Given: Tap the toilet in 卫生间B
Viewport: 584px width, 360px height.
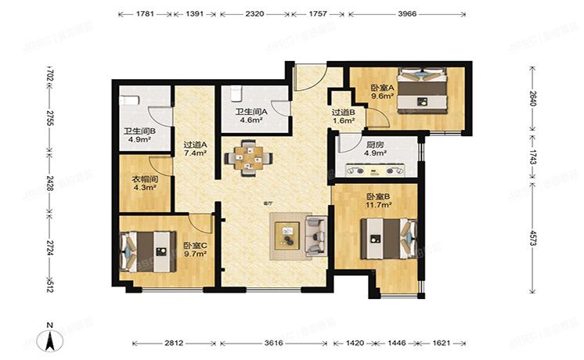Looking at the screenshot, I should pyautogui.click(x=130, y=100).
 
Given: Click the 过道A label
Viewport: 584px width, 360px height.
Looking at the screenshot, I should pyautogui.click(x=195, y=145).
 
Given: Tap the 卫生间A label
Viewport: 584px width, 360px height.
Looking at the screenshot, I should pyautogui.click(x=251, y=112).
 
